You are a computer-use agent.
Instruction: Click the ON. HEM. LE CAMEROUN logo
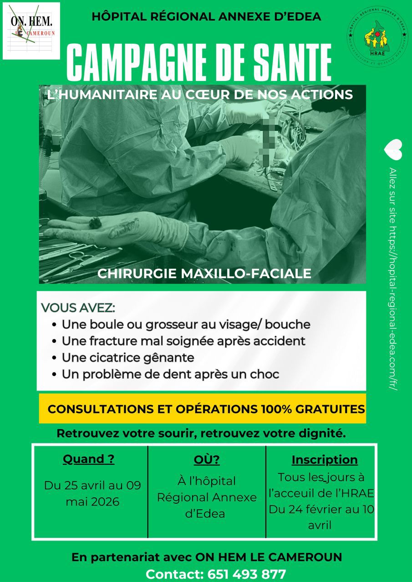coord(31,30)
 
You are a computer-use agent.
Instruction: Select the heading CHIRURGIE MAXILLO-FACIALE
coord(204,273)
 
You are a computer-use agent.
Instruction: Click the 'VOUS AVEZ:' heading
coord(78,308)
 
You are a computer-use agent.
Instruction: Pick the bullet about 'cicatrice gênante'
coord(128,358)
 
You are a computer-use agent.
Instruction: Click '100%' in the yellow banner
coord(276,409)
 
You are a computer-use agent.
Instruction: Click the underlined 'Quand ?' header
coord(88,459)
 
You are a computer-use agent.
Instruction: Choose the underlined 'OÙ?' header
coord(207,460)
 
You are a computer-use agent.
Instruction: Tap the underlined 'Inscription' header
coord(325,460)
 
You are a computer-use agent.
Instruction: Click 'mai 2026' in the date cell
coord(92,502)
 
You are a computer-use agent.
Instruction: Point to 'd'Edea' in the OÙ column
coord(207,514)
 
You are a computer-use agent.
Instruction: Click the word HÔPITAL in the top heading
coord(114,17)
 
